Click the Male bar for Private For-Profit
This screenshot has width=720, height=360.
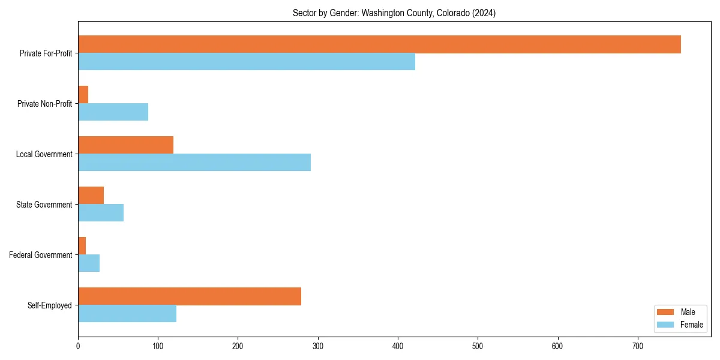coord(379,44)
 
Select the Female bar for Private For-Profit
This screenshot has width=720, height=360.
coord(247,62)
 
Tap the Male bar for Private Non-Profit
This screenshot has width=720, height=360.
coord(83,95)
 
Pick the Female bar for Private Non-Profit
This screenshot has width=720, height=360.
coord(113,112)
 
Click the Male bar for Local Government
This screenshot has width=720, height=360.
coord(126,145)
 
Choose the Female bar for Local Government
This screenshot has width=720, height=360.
coord(194,163)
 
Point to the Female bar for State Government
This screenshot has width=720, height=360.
coord(101,213)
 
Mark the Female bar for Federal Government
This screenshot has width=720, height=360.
coord(89,263)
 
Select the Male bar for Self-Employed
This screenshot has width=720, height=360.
coord(190,296)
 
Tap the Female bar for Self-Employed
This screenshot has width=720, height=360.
coord(127,314)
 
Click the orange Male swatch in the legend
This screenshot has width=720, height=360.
coord(666,312)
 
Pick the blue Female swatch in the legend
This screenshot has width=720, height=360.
coord(666,325)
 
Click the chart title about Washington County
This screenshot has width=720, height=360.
coord(394,13)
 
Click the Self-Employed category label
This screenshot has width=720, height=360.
coord(50,305)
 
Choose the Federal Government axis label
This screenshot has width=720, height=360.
coord(41,255)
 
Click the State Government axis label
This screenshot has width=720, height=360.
coord(44,205)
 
